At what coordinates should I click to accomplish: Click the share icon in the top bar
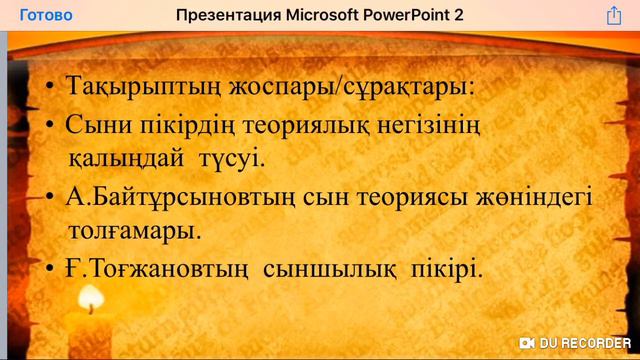click(x=614, y=15)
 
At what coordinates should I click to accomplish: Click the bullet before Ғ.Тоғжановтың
click(x=49, y=269)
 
